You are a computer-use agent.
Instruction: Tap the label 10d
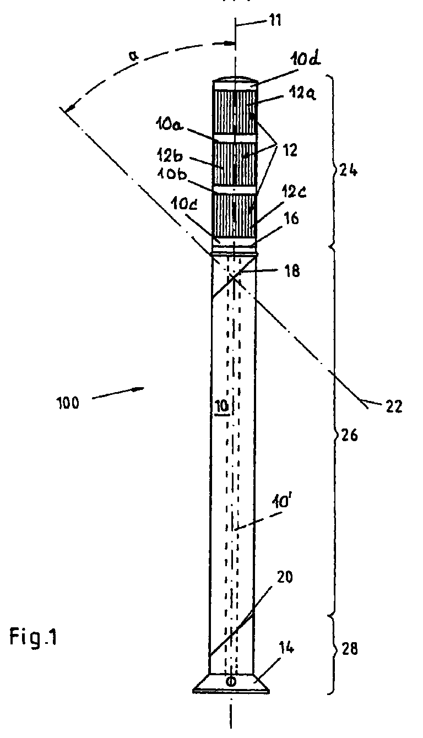(305, 60)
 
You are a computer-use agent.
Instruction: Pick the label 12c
(294, 191)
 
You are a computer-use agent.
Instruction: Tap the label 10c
(184, 205)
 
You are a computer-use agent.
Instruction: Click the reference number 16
(291, 218)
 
